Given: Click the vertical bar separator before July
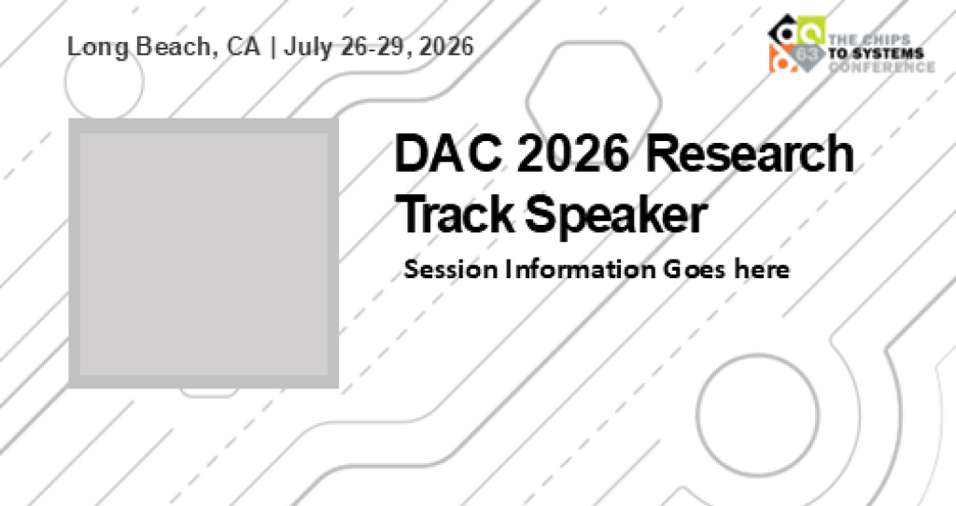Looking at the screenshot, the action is pos(272,47).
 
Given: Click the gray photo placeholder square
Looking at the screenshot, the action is pos(203,253).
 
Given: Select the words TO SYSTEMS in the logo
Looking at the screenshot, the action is pos(875,53).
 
